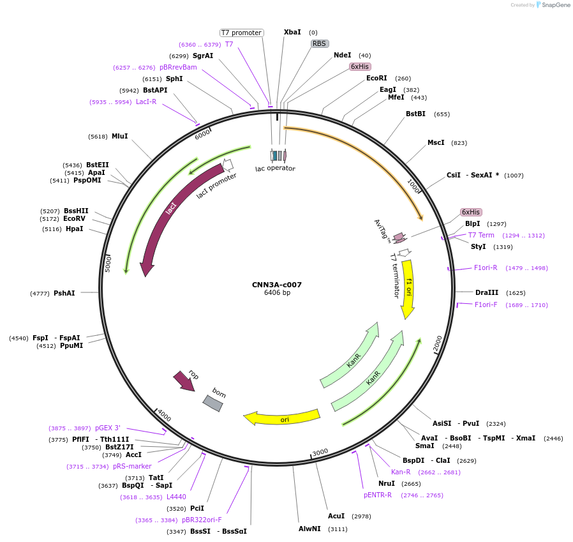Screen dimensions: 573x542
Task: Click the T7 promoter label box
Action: pos(241,33)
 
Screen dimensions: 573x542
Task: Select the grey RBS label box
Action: pos(320,43)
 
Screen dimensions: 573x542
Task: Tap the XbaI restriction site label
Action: pos(292,32)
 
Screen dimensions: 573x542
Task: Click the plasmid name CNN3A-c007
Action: pos(277,285)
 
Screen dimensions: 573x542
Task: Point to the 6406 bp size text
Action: pos(277,293)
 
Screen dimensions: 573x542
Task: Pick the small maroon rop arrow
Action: pos(184,381)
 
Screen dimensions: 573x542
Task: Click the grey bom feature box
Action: pos(213,403)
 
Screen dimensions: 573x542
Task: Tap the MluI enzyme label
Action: pos(120,136)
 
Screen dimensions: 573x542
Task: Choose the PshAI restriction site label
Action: pos(64,293)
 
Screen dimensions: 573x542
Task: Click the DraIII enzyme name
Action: pos(487,292)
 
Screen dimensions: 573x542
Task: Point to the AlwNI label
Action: pos(311,529)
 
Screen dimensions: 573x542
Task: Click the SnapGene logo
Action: pos(553,5)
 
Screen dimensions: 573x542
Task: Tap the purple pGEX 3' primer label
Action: pos(107,428)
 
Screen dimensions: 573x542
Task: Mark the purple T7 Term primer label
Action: pos(481,235)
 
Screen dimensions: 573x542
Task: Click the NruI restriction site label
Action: pos(387,483)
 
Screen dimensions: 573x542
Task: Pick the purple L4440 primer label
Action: pos(176,497)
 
